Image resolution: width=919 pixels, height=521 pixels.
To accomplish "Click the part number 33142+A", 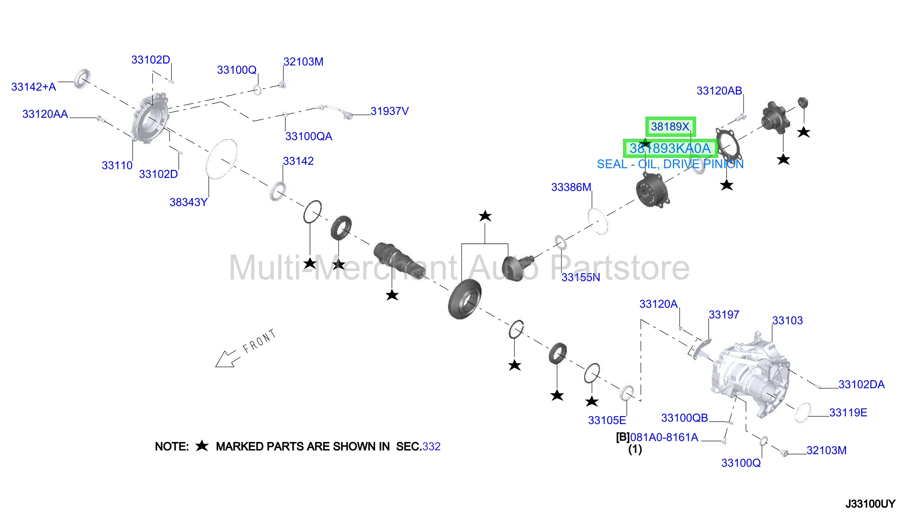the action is pyautogui.click(x=34, y=87).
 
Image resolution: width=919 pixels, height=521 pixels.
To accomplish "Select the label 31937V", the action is pyautogui.click(x=389, y=111).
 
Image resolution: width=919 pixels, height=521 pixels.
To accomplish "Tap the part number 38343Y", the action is pyautogui.click(x=188, y=203).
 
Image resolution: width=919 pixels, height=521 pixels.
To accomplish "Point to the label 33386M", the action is pyautogui.click(x=571, y=187).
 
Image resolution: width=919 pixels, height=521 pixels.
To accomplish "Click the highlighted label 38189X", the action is pyautogui.click(x=670, y=127).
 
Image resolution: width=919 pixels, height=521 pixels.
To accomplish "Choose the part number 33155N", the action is pyautogui.click(x=581, y=278).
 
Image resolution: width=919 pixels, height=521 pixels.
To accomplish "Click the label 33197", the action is pyautogui.click(x=724, y=315).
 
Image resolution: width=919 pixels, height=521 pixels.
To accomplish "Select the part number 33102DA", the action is pyautogui.click(x=861, y=385).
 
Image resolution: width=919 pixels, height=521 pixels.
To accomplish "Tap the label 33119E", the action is pyautogui.click(x=848, y=413).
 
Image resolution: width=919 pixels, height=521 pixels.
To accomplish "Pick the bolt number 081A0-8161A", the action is pyautogui.click(x=664, y=438).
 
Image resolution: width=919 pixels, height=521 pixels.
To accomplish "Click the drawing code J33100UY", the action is pyautogui.click(x=870, y=504).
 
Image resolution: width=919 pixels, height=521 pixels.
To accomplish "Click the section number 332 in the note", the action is pyautogui.click(x=431, y=447).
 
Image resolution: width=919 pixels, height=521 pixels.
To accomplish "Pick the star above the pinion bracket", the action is pyautogui.click(x=485, y=216).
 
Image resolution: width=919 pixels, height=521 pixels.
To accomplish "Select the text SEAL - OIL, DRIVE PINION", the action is pyautogui.click(x=670, y=164).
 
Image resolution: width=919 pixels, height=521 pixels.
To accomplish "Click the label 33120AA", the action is pyautogui.click(x=45, y=114).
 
